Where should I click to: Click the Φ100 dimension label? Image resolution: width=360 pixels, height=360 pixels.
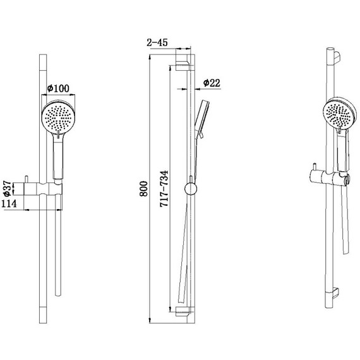click(x=58, y=88)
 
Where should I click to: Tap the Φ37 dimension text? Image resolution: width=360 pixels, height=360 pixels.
click(x=8, y=189)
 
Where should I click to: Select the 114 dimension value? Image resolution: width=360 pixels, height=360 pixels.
click(x=9, y=203)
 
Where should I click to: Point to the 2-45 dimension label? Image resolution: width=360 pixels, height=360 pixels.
click(x=157, y=42)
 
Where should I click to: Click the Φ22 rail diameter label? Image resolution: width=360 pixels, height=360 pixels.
click(x=212, y=83)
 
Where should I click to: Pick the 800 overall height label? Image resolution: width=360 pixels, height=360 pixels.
click(x=144, y=189)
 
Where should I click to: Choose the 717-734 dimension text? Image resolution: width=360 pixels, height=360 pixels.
click(x=164, y=189)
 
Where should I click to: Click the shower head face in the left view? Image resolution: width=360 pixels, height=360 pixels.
click(x=58, y=117)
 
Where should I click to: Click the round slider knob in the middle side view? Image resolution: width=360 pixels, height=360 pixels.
click(x=191, y=189)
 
